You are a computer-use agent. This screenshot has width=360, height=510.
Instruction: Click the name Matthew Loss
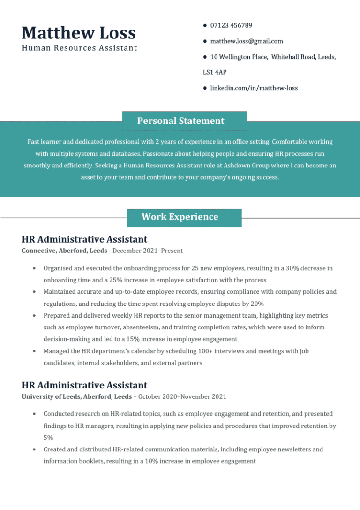pos(79,33)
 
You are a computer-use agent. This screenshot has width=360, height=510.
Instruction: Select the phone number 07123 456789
pos(231,25)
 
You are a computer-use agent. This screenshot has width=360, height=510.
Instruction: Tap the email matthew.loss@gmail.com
pos(247,41)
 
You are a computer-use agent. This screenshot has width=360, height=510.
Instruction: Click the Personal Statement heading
pos(180,121)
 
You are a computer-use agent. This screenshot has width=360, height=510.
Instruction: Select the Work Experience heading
pos(180,217)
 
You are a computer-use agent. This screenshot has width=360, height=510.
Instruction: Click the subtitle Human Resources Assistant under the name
pos(80,48)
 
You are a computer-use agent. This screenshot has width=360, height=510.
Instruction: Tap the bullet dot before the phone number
pos(205,25)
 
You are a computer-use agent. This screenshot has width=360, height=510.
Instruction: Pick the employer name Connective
pos(39,251)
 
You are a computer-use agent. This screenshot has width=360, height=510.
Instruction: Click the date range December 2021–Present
pos(148,251)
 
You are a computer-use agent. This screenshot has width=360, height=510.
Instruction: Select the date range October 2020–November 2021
pos(182,397)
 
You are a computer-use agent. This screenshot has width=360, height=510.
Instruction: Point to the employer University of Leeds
pos(51,397)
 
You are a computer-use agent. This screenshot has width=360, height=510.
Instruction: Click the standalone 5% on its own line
pos(48,438)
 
